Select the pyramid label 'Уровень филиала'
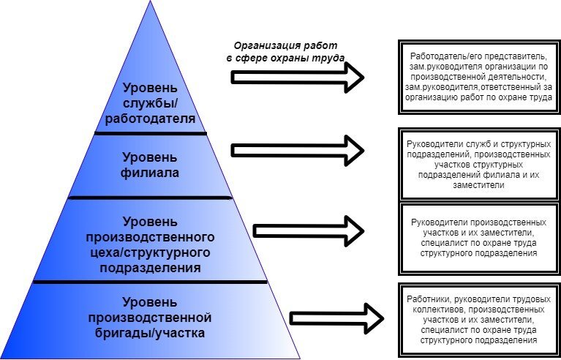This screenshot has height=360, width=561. click(149, 165)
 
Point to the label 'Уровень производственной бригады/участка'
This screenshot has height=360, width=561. click(149, 317)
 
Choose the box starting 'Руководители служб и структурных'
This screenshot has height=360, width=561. click(478, 163)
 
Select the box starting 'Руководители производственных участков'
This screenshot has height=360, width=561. click(479, 236)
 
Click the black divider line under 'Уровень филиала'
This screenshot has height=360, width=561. click(150, 198)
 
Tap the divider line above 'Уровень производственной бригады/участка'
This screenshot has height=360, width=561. click(150, 282)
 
